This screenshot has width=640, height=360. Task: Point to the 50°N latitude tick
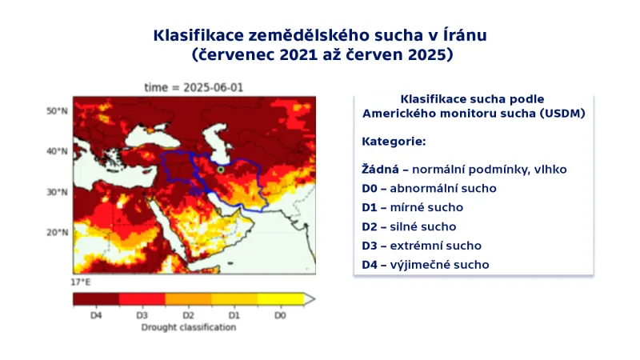pyautogui.click(x=57, y=110)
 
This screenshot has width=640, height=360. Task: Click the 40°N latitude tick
pyautogui.click(x=57, y=151)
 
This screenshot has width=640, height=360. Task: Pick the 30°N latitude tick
pyautogui.click(x=57, y=192)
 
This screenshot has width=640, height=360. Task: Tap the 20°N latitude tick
pyautogui.click(x=57, y=233)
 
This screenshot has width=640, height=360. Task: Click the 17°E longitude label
pyautogui.click(x=80, y=282)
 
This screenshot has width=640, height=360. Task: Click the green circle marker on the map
pyautogui.click(x=221, y=170)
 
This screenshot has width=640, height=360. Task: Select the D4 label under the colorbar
pyautogui.click(x=96, y=316)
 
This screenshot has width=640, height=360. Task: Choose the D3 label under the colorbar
pyautogui.click(x=142, y=316)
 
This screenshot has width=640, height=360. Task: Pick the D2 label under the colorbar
pyautogui.click(x=188, y=316)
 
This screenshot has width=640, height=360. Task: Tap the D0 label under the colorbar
pyautogui.click(x=280, y=316)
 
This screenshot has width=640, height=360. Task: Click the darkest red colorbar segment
pyautogui.click(x=96, y=299)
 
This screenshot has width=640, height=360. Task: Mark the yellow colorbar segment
pyautogui.click(x=280, y=299)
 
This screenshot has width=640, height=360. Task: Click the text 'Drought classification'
pyautogui.click(x=188, y=327)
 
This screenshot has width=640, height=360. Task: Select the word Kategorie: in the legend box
pyautogui.click(x=394, y=142)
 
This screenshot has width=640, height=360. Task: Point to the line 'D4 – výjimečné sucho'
pyautogui.click(x=425, y=265)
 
